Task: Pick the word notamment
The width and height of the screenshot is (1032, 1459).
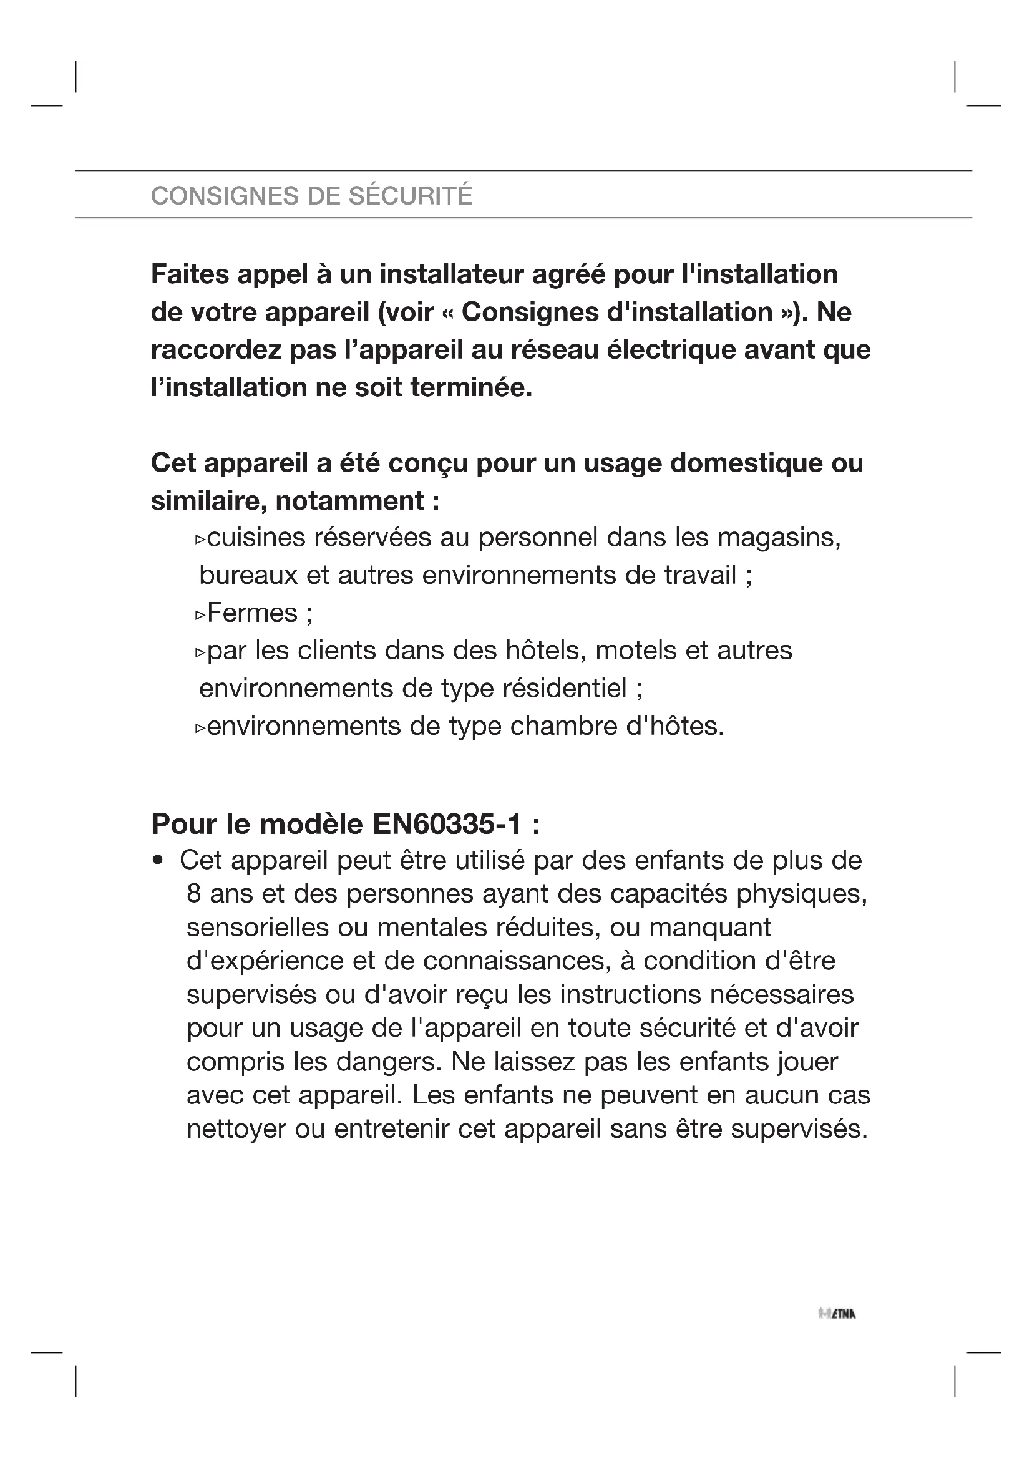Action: click(350, 501)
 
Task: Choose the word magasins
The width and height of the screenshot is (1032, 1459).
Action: click(779, 538)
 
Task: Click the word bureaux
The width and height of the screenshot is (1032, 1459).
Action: click(248, 576)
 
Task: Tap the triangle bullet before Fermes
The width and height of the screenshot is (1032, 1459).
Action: click(200, 614)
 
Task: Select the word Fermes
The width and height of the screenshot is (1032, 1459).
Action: click(252, 613)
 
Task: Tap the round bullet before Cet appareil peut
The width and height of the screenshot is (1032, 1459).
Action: click(158, 861)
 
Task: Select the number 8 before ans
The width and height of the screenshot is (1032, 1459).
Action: click(194, 894)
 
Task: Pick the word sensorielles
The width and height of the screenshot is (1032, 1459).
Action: click(257, 928)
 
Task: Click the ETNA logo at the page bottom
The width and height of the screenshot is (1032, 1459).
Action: click(837, 1314)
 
